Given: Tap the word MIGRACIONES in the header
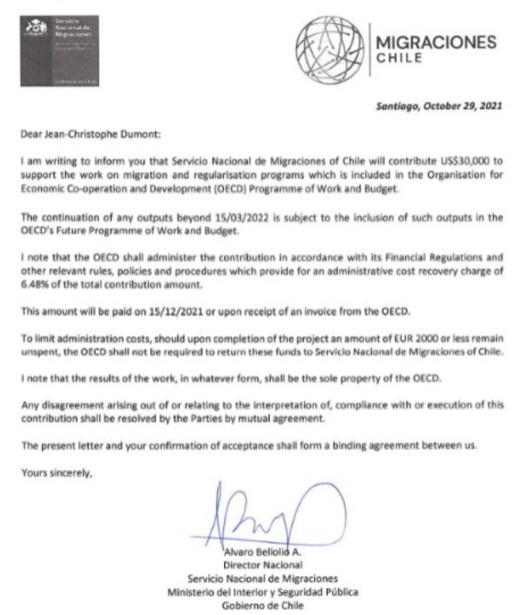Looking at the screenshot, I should (436, 42).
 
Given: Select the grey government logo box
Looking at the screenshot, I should (60, 51).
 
